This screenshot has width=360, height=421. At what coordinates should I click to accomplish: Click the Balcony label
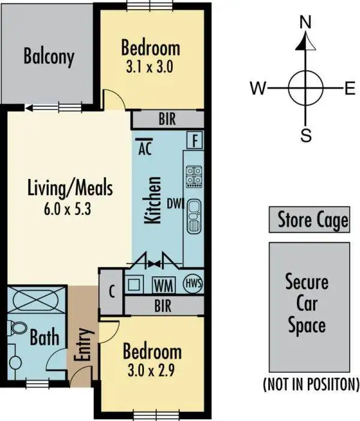(x=49, y=56)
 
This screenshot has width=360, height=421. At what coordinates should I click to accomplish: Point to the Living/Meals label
(x=70, y=188)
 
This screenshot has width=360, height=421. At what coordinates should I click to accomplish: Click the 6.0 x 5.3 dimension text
(x=70, y=210)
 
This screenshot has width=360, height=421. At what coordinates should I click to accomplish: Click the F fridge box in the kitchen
(x=194, y=141)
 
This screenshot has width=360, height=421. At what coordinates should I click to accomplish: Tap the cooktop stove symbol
(x=194, y=176)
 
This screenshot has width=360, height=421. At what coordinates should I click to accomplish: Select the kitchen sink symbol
(x=194, y=216)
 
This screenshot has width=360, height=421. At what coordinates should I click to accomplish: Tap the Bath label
(x=44, y=337)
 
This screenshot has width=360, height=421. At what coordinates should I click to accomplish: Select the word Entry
(x=83, y=344)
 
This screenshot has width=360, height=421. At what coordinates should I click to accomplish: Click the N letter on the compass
(x=306, y=23)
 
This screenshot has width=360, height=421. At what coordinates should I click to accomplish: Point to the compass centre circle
(x=305, y=88)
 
